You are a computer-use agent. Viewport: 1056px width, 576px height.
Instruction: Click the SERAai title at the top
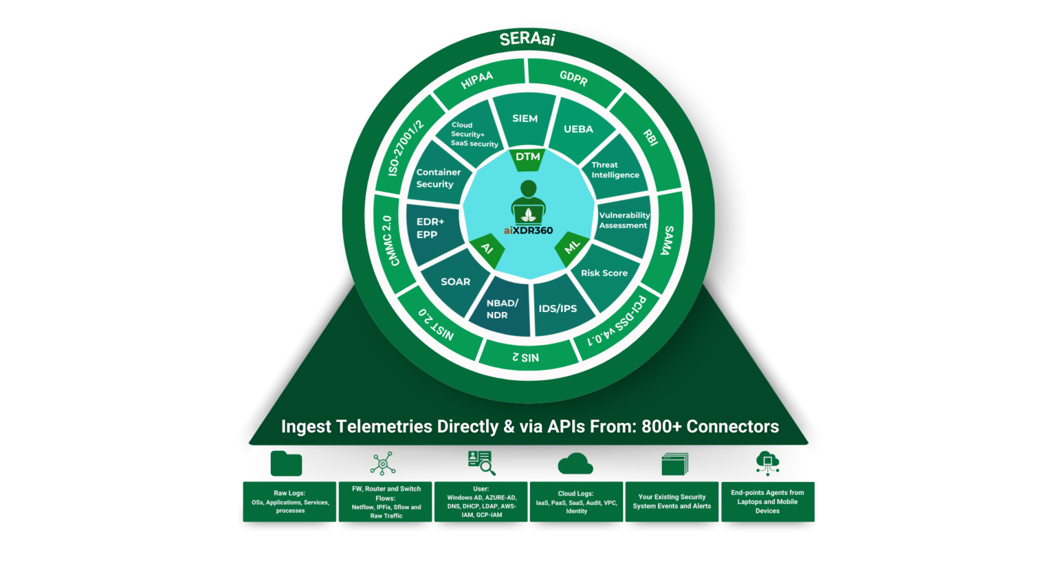click(x=527, y=39)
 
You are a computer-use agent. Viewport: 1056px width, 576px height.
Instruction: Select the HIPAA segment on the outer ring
click(x=477, y=80)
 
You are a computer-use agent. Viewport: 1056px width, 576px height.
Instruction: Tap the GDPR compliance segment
click(x=573, y=78)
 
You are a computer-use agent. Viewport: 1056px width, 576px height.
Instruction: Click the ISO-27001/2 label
click(x=406, y=148)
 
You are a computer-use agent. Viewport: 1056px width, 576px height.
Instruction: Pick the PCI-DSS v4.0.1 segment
click(x=617, y=322)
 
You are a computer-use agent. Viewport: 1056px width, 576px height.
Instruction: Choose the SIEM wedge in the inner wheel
click(x=525, y=119)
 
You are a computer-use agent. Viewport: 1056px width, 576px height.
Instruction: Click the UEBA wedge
click(x=578, y=129)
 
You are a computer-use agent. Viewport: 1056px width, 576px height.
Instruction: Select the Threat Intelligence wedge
click(x=615, y=170)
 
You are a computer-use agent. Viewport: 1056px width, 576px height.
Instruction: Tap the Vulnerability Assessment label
click(x=624, y=220)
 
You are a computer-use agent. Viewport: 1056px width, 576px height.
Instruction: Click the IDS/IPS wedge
click(x=558, y=309)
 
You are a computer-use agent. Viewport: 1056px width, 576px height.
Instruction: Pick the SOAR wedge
click(x=455, y=282)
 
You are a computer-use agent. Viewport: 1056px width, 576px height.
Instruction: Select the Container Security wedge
click(x=438, y=178)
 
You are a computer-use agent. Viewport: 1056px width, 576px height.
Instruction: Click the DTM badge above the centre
click(x=528, y=157)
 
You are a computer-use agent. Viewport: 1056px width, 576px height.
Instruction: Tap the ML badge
click(x=572, y=247)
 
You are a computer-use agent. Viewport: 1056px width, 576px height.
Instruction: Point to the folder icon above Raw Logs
click(x=286, y=464)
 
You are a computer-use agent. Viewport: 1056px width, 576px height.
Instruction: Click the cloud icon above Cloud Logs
click(x=575, y=465)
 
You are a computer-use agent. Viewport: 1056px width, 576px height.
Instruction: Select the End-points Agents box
click(x=767, y=502)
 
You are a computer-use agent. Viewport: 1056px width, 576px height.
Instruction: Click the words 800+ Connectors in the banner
click(x=709, y=427)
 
